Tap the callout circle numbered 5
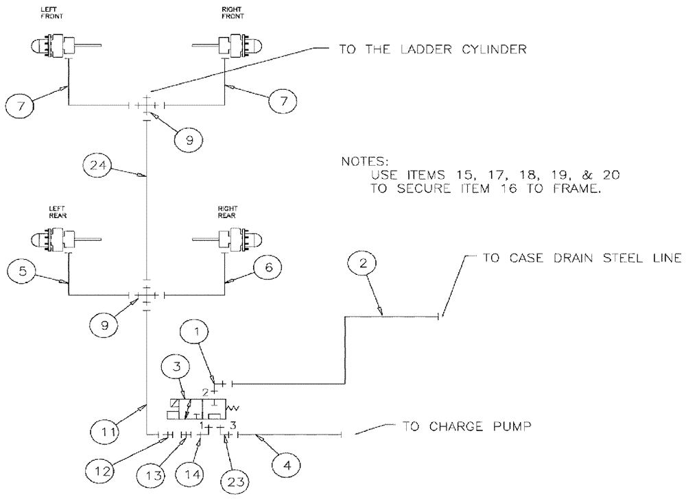(x=23, y=271)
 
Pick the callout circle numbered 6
(x=267, y=268)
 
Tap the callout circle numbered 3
(x=176, y=367)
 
